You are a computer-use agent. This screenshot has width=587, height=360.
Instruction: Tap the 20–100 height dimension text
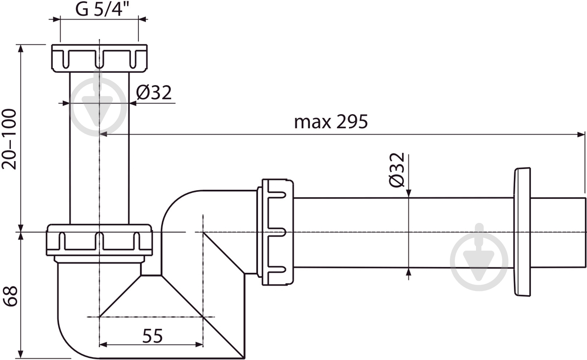pos(9,139)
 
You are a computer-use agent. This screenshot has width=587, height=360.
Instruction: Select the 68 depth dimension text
pos(10,296)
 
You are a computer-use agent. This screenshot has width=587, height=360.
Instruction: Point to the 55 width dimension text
pos(152,336)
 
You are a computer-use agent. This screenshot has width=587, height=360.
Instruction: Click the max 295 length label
pos(331,122)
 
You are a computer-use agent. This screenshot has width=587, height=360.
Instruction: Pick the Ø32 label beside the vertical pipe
pos(154,92)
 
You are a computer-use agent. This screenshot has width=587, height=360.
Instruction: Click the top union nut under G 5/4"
pos(99,58)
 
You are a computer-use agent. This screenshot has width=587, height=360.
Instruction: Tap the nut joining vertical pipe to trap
pos(99,240)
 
